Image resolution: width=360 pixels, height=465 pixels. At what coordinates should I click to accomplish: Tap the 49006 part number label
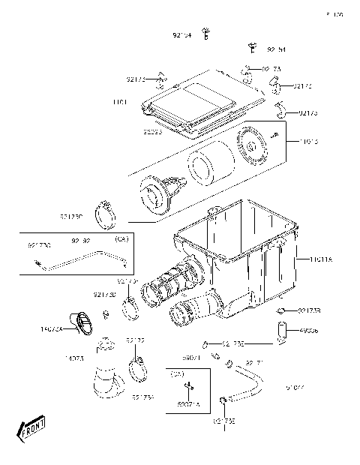tap(307, 329)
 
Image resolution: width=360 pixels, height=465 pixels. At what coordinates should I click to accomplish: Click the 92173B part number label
tap(309, 310)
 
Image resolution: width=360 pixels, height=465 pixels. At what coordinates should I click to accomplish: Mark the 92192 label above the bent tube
tap(81, 241)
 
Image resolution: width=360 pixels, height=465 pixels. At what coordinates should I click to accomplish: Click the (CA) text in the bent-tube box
tap(119, 238)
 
